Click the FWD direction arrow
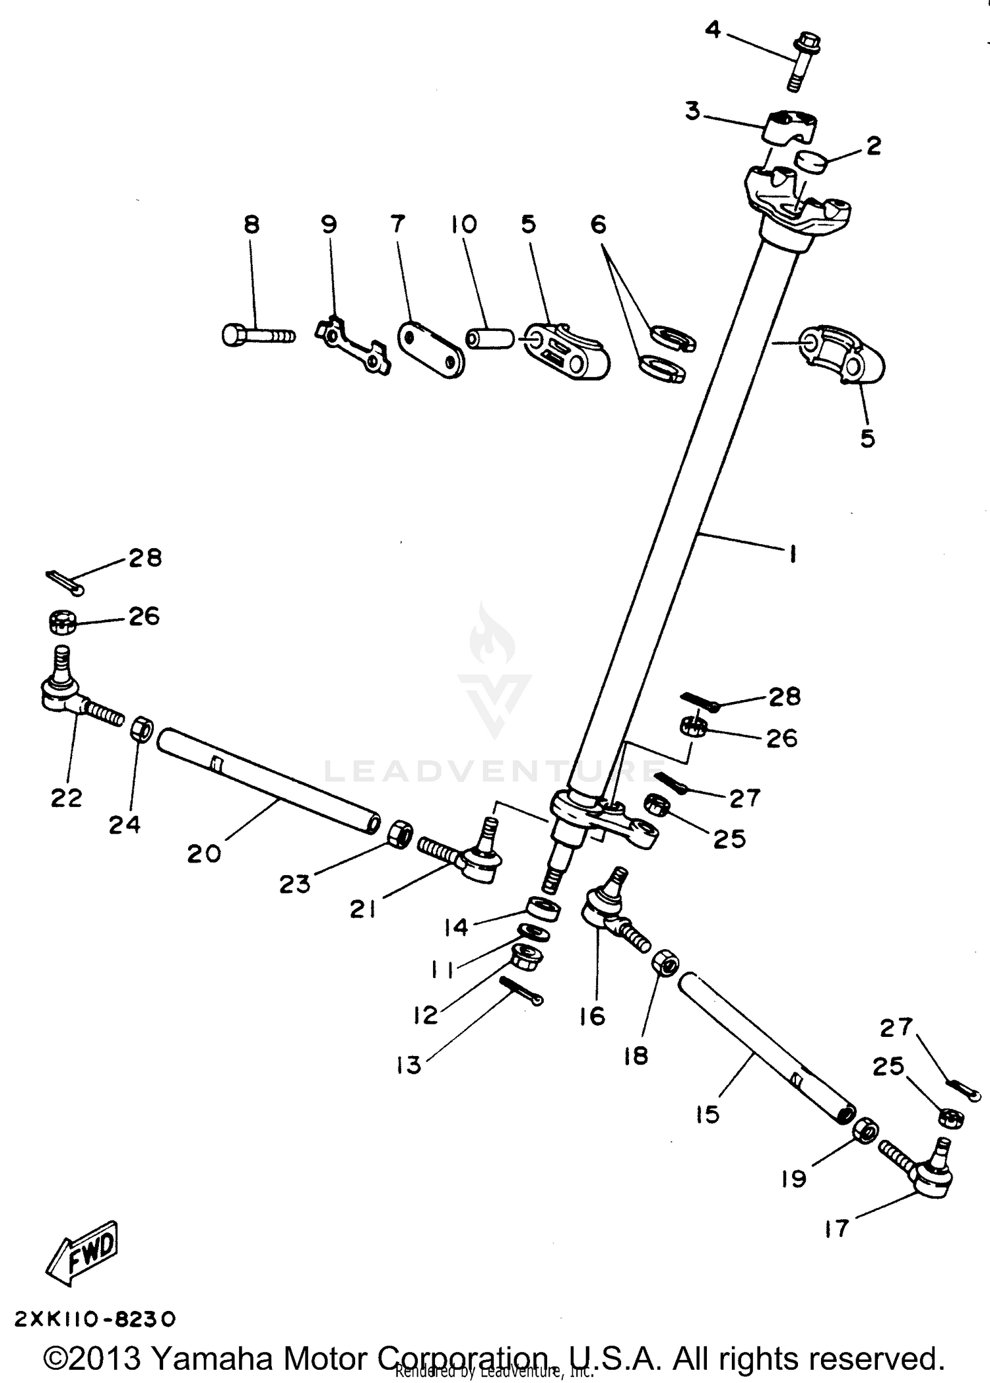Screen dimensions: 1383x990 (x=82, y=1253)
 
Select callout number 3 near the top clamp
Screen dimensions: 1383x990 (x=692, y=111)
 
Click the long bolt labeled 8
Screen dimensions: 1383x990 (x=257, y=336)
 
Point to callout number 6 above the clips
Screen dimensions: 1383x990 (x=598, y=225)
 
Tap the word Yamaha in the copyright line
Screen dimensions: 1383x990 (x=212, y=1359)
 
